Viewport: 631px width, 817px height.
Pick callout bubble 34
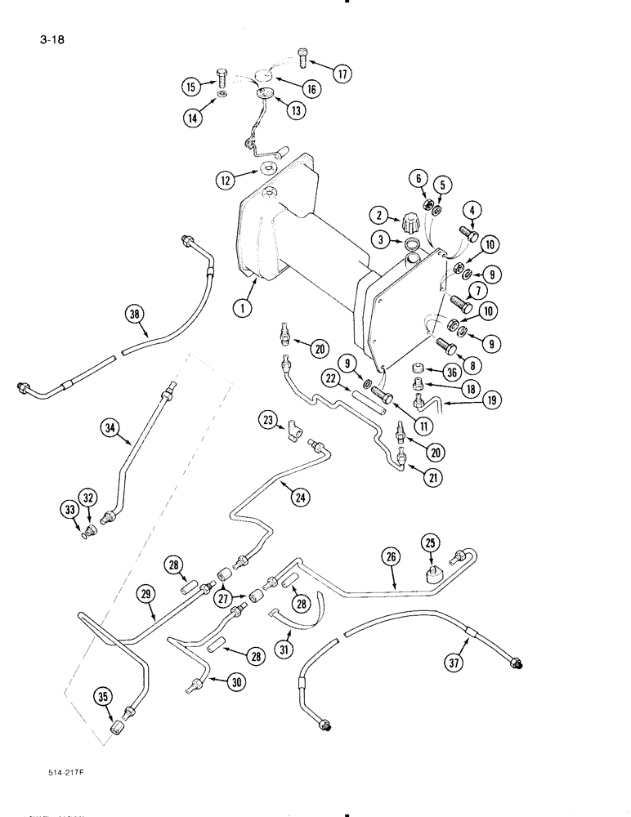(111, 426)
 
